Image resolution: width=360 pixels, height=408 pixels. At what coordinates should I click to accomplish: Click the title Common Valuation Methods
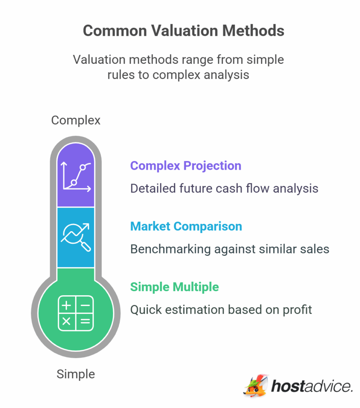coord(183,31)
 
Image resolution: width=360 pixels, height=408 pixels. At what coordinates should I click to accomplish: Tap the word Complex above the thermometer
coord(76,120)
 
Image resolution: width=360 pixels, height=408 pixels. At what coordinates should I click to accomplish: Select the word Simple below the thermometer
coord(76,375)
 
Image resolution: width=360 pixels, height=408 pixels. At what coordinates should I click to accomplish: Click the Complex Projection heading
coord(186,166)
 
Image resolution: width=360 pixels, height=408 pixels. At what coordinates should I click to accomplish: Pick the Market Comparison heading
coord(186,226)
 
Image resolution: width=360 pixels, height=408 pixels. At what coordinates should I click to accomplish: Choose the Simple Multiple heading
coord(174,287)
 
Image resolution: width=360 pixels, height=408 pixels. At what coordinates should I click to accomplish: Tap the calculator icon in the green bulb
coord(76,313)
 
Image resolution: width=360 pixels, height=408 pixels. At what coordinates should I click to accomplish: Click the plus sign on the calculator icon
coord(67,305)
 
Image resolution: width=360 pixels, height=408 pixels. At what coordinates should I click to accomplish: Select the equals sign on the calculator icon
coord(85,322)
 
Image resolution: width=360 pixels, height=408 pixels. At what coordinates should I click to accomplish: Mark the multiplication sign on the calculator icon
coord(67,322)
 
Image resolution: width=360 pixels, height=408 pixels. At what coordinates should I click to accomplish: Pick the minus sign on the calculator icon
coord(85,305)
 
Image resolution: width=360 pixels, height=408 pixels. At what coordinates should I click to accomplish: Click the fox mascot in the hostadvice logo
coord(255,386)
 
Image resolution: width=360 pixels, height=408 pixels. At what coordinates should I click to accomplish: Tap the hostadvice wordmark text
coord(312,386)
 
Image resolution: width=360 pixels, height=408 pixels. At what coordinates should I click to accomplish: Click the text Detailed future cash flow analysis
coord(224,188)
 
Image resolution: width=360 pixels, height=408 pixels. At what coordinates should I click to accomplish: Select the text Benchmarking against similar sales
coord(230,249)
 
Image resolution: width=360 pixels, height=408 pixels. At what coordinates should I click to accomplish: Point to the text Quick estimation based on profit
coord(221,310)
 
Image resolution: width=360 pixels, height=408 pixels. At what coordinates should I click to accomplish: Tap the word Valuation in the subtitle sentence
coord(100,60)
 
